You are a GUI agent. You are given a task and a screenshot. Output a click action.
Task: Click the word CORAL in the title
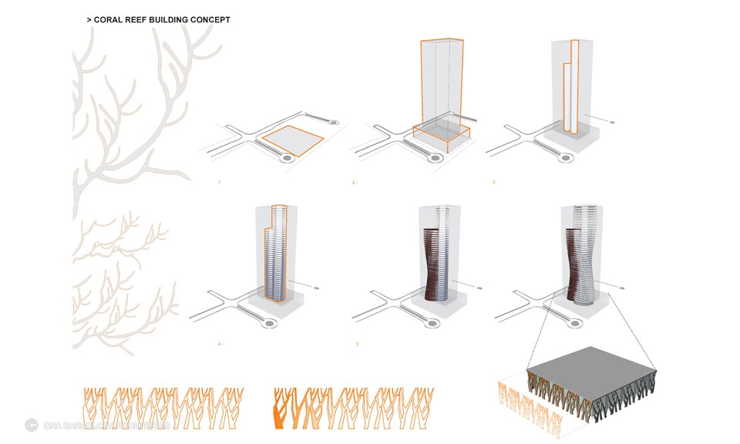point(111,19)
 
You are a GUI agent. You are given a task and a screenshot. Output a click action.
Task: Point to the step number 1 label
point(220,183)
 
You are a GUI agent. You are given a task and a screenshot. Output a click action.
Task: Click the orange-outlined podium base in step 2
point(441,135)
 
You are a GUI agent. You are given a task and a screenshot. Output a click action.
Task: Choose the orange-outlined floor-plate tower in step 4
point(275,251)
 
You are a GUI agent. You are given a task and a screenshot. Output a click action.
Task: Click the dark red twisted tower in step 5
point(430,262)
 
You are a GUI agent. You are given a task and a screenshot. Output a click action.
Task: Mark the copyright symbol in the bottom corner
point(32,424)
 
